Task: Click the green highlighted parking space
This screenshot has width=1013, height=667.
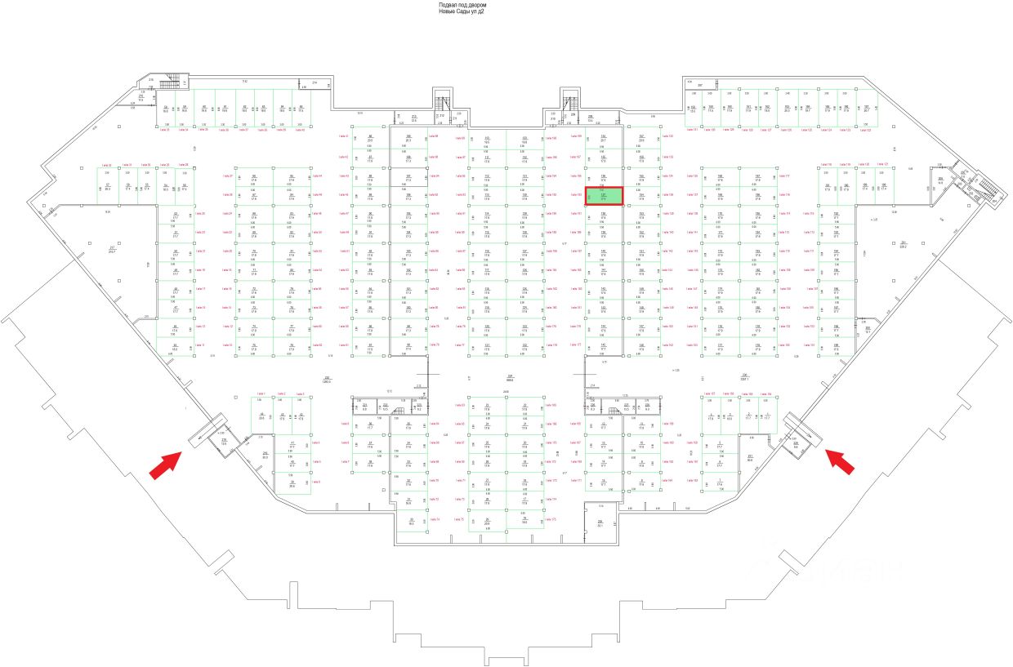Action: pyautogui.click(x=604, y=196)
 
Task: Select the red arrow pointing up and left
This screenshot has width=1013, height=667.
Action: pyautogui.click(x=841, y=460)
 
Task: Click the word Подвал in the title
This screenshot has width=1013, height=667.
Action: pyautogui.click(x=449, y=5)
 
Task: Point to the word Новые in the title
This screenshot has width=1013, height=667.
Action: pyautogui.click(x=448, y=11)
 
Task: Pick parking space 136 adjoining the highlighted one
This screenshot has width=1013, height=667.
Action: pyautogui.click(x=604, y=177)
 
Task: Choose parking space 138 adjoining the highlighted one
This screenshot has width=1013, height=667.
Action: pyautogui.click(x=604, y=215)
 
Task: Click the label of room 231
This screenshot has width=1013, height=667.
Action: pyautogui.click(x=749, y=457)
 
